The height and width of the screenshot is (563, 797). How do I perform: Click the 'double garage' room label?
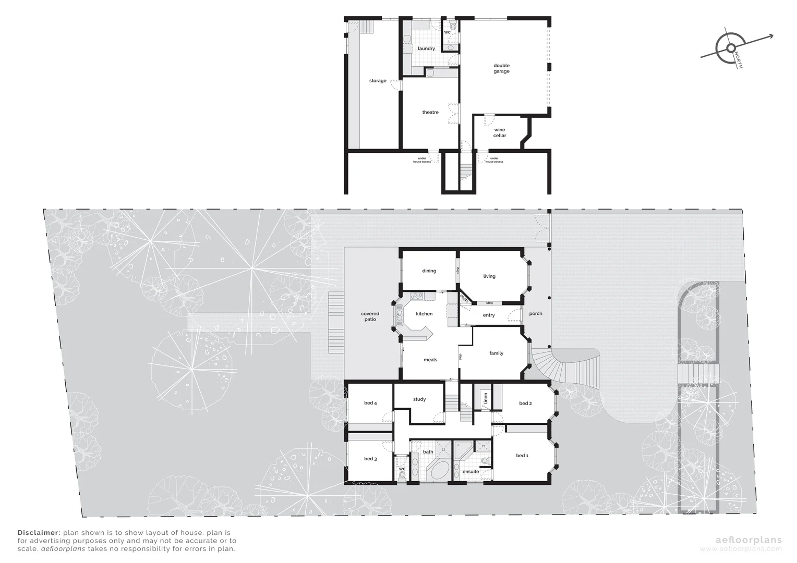tap(501, 68)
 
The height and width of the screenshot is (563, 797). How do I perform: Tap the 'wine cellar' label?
tap(499, 132)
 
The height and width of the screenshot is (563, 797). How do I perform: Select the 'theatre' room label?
tap(430, 112)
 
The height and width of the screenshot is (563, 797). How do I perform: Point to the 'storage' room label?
tap(378, 81)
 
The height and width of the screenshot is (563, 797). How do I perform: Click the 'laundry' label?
tap(426, 48)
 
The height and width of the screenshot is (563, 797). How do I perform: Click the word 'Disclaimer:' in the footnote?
tap(39, 533)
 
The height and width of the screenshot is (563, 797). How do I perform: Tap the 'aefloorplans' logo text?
tap(750, 540)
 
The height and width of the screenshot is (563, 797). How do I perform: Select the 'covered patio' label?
tap(370, 316)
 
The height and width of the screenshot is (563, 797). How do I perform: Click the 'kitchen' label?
tap(424, 314)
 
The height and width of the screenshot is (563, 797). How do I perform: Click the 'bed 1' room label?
tap(522, 456)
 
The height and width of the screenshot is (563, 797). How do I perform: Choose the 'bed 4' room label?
tap(370, 403)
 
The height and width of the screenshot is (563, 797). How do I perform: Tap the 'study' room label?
tap(419, 399)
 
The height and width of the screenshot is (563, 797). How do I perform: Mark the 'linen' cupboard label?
tap(486, 399)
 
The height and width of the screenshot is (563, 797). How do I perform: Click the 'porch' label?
tap(536, 314)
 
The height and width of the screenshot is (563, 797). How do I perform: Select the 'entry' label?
tap(489, 315)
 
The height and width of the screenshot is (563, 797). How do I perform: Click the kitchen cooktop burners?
tap(417, 297)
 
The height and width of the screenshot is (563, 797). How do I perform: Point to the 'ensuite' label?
tap(470, 472)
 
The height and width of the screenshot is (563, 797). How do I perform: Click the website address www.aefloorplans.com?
tap(741, 549)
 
